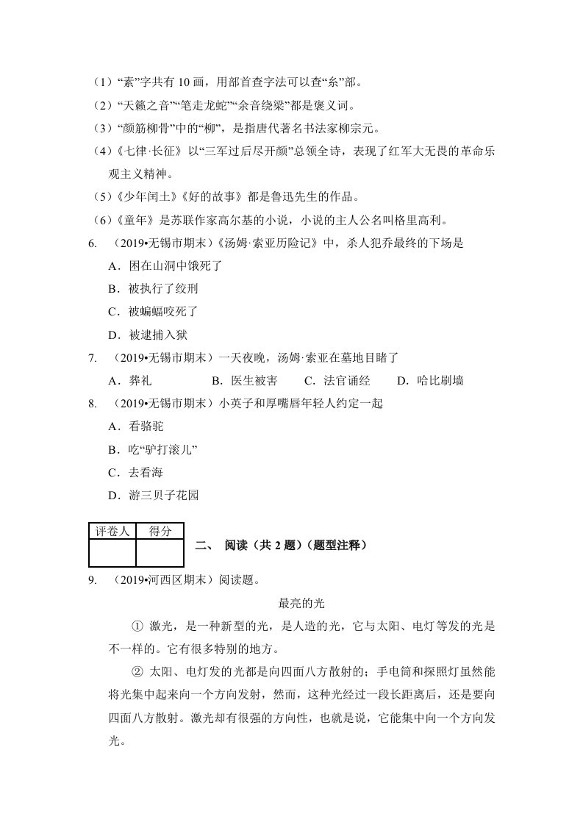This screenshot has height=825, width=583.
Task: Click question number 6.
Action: tap(92, 243)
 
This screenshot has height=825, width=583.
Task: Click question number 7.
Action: tap(92, 358)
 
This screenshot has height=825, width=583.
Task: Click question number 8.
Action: tap(92, 404)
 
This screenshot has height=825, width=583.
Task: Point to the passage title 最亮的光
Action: tap(301, 604)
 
